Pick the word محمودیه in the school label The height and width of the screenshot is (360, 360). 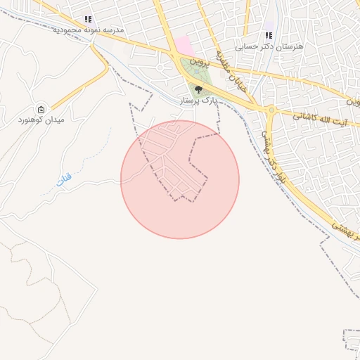pyautogui.click(x=68, y=31)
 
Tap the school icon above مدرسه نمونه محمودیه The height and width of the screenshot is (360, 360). pyautogui.click(x=88, y=20)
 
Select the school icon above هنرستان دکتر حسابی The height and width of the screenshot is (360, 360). pyautogui.click(x=268, y=34)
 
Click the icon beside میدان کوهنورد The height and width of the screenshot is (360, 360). pyautogui.click(x=41, y=109)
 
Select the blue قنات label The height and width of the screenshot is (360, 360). pyautogui.click(x=63, y=180)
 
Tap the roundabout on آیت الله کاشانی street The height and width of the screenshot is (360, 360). pyautogui.click(x=271, y=110)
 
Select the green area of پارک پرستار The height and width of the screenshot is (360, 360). pyautogui.click(x=190, y=70)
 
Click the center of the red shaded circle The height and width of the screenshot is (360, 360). pyautogui.click(x=180, y=180)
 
